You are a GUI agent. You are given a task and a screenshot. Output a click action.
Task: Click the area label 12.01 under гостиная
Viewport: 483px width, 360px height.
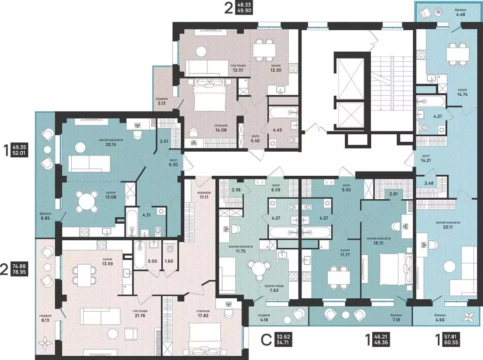238,70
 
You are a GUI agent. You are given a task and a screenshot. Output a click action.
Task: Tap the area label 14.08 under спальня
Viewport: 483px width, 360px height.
221,130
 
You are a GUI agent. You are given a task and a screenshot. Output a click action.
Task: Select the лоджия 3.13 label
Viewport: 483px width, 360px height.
161,101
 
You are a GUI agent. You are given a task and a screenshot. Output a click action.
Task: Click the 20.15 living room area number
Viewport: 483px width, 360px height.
110,144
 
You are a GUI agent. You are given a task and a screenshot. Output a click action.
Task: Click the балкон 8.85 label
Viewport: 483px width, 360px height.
45,216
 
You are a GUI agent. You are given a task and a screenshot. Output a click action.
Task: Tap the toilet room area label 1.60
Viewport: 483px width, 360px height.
169,261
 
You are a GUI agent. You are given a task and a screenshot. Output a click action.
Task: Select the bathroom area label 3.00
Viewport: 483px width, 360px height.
152,261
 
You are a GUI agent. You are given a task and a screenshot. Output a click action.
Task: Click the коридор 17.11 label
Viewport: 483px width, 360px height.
204,195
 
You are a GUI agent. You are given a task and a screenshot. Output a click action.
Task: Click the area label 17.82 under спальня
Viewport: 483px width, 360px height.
202,315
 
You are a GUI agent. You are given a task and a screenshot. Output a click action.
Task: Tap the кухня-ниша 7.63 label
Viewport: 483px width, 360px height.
274,288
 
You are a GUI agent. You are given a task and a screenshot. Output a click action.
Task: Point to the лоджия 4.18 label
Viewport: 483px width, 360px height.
264,318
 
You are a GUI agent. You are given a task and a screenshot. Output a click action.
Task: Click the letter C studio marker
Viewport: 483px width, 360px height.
266,340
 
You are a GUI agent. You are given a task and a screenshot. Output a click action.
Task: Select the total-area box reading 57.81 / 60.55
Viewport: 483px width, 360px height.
451,339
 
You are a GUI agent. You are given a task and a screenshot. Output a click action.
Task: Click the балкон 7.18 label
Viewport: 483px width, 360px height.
396,318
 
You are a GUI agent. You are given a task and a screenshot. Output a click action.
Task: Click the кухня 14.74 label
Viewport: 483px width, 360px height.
462,92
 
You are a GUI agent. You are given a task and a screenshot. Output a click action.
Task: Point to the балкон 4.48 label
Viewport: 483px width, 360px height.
460,12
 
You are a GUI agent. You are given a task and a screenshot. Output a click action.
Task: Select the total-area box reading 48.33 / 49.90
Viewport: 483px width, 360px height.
244,8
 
